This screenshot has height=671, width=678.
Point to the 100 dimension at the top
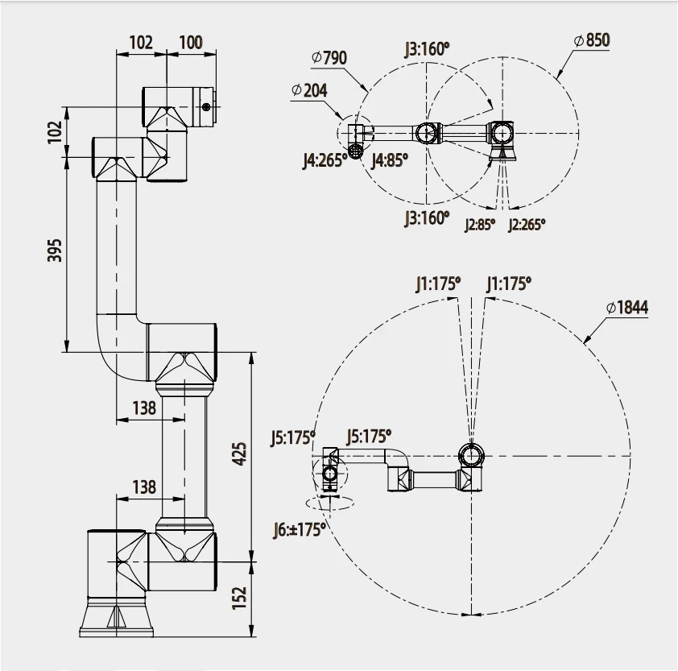(191, 42)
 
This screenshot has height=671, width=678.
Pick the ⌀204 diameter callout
(309, 90)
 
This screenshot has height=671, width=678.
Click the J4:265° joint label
(325, 159)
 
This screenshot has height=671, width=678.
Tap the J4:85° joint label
(390, 159)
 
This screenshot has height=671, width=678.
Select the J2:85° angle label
(479, 225)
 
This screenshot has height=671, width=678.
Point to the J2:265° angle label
(527, 225)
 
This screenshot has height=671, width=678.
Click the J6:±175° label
(298, 528)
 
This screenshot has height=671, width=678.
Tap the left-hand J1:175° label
(438, 283)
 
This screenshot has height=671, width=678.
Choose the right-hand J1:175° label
(509, 283)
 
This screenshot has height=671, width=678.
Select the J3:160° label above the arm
(427, 48)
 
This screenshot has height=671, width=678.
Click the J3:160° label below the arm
(426, 217)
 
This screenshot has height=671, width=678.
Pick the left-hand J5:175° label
(291, 438)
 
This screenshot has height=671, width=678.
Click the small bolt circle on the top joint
(207, 107)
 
